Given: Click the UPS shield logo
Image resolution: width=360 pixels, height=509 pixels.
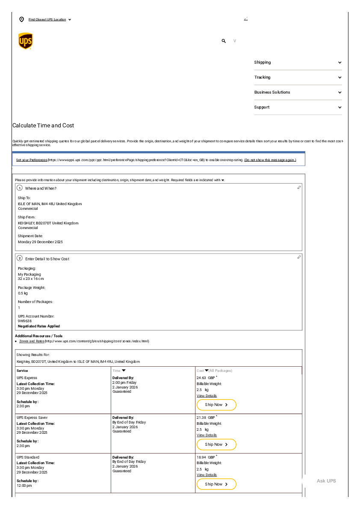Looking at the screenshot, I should click(x=26, y=41).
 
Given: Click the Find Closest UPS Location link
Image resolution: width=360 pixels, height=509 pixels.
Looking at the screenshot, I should click(x=47, y=20).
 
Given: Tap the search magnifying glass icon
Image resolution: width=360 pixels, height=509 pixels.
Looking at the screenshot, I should click(x=224, y=41).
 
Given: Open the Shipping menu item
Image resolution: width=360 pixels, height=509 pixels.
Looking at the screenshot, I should click(x=263, y=62).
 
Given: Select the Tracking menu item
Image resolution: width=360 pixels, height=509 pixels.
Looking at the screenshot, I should click(x=262, y=77).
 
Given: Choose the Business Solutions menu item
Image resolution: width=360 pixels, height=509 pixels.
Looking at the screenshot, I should click(x=272, y=92).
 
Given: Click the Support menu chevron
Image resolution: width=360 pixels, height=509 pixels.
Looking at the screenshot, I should click(x=339, y=107).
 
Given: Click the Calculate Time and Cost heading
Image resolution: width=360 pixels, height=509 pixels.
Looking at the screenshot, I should click(x=43, y=126).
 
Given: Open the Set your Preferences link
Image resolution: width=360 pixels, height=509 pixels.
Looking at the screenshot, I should click(x=32, y=160).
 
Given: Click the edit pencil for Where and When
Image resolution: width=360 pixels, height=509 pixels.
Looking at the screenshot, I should click(x=299, y=188).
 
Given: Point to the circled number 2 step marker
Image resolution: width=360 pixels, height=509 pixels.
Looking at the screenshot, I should click(x=20, y=258).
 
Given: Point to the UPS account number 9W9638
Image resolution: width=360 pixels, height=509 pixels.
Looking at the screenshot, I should click(x=25, y=321).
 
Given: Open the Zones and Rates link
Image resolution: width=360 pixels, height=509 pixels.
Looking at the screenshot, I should click(x=32, y=341).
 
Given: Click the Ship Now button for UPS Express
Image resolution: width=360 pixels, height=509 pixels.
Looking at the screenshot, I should click(x=216, y=405).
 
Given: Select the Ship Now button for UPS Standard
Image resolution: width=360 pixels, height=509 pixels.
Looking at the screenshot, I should click(x=216, y=484).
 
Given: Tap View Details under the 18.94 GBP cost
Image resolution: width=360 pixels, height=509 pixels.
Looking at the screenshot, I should click(x=207, y=475).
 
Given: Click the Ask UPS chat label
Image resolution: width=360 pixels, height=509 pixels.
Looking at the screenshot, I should click(x=326, y=481).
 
